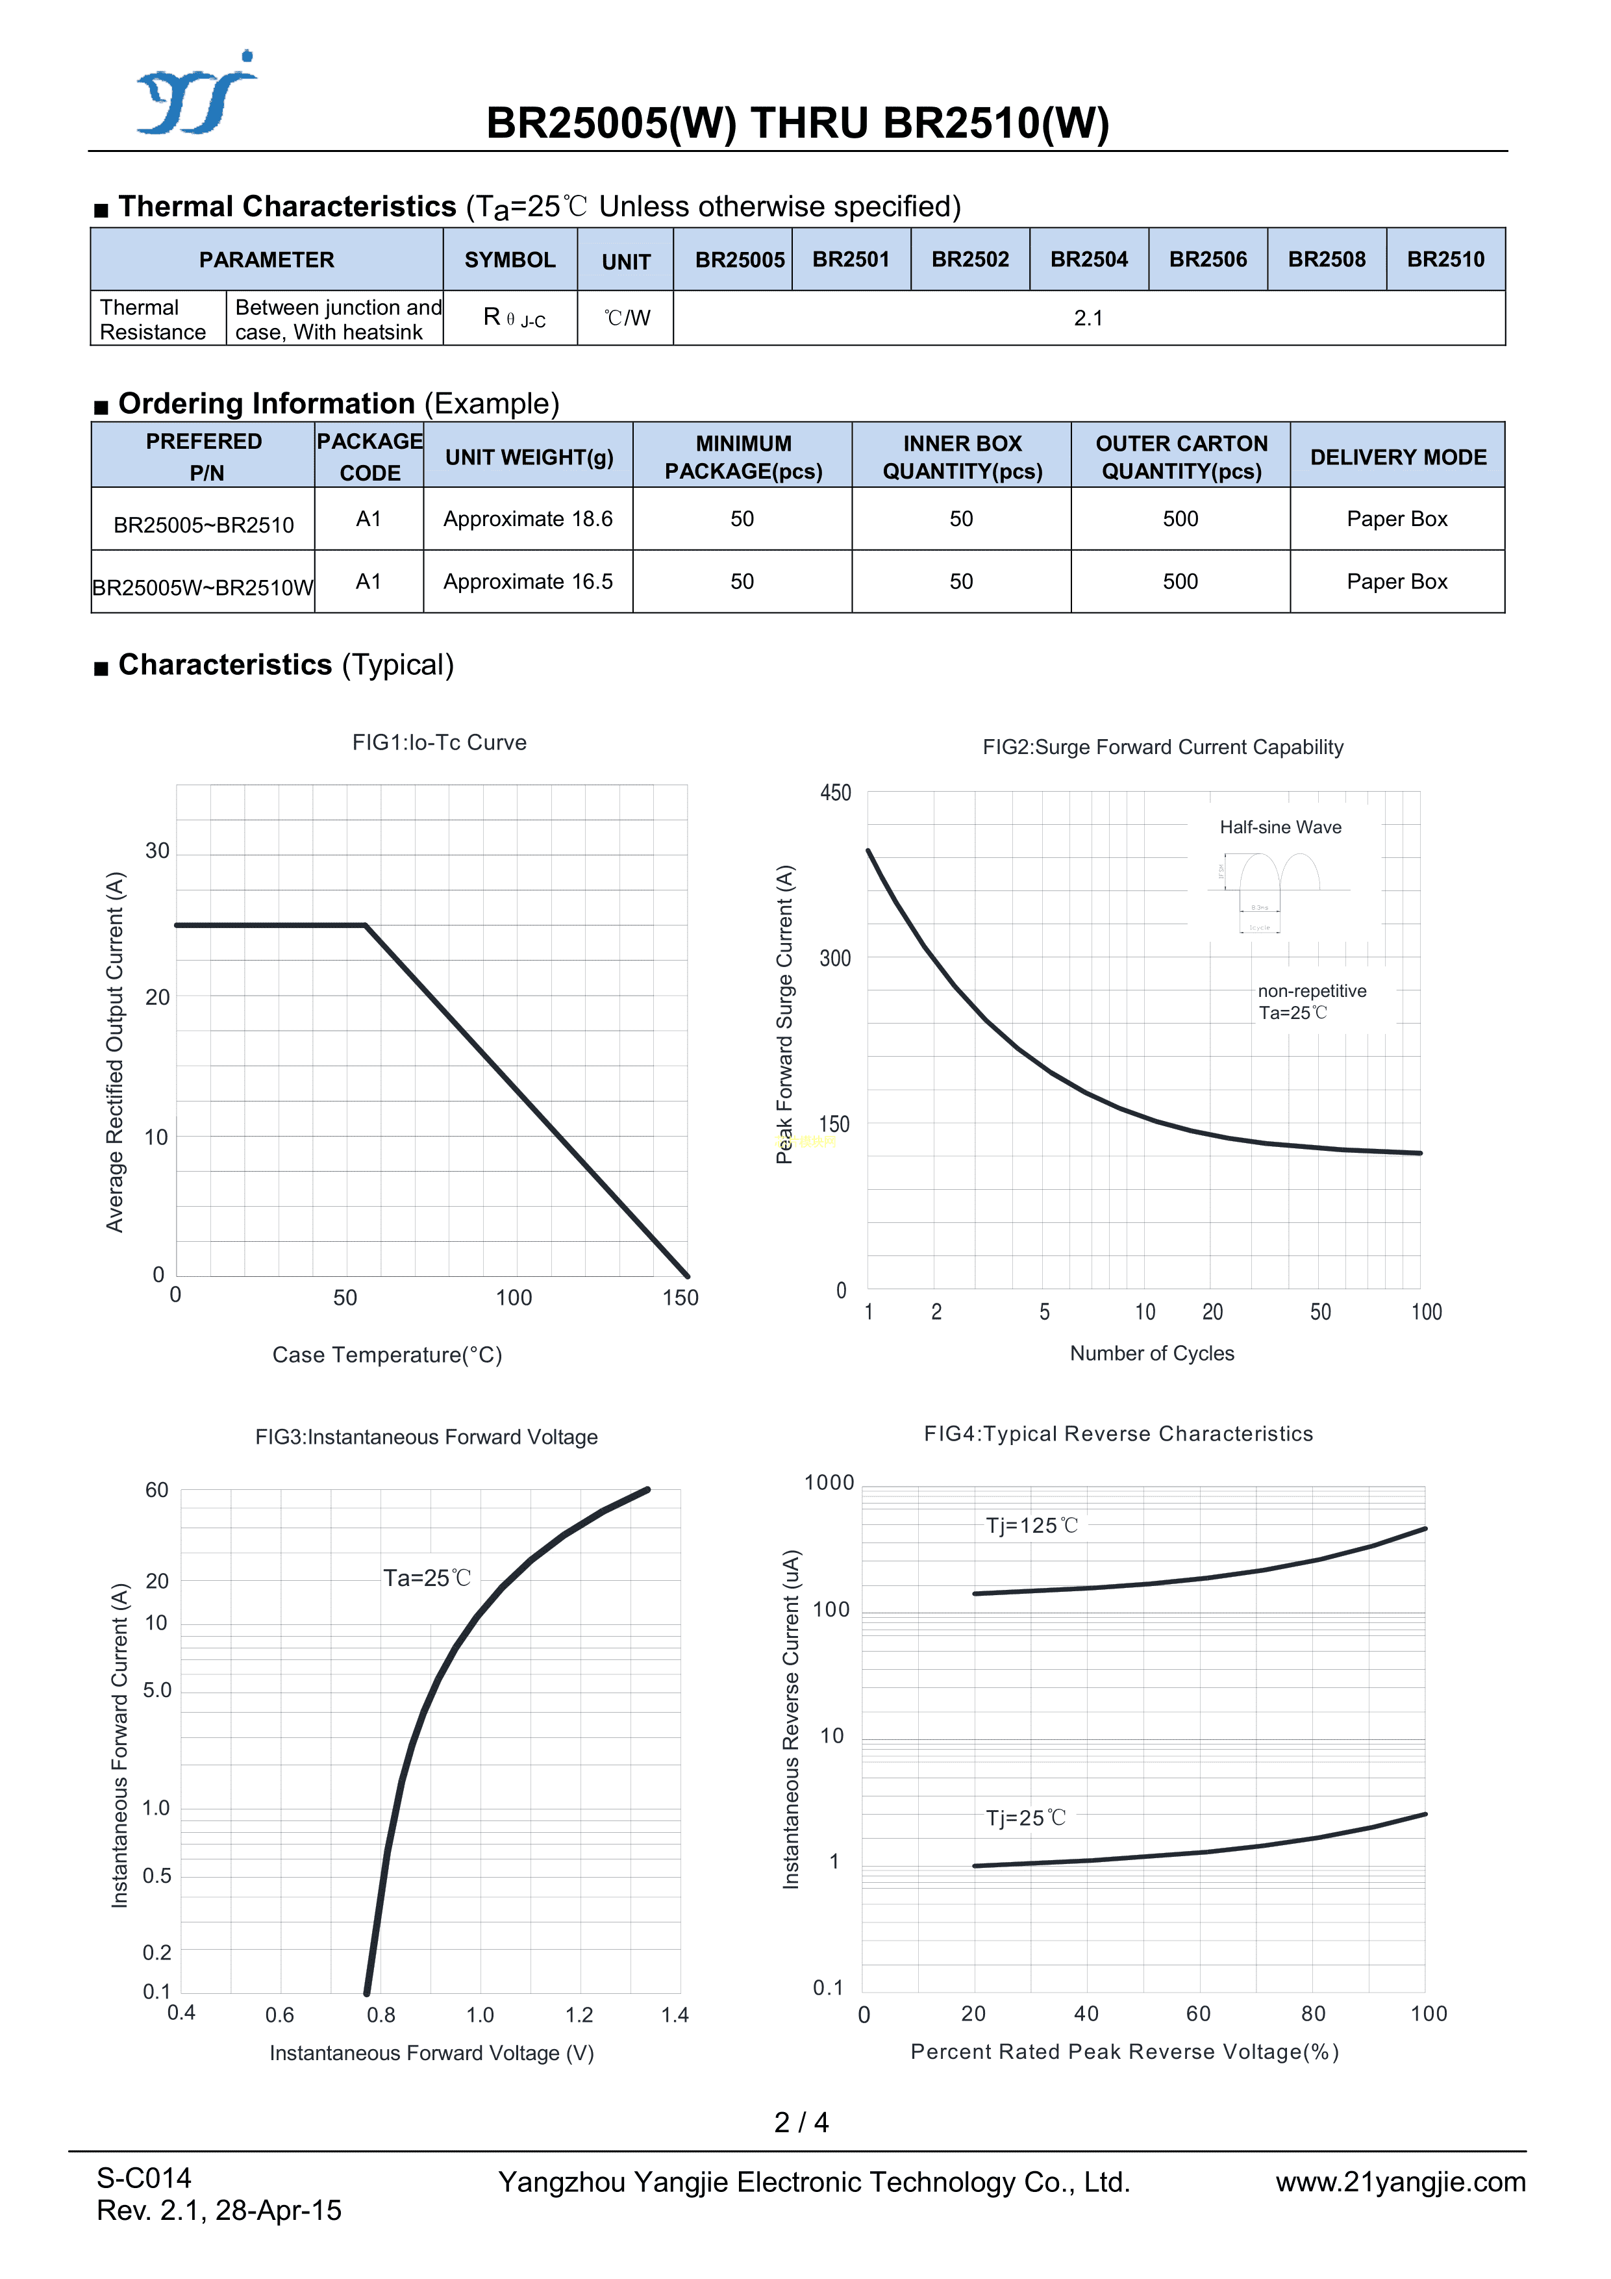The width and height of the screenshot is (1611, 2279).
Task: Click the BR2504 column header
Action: (x=1089, y=260)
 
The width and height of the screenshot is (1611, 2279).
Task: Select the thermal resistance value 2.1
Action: (x=1088, y=319)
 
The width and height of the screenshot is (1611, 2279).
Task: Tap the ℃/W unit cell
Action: (x=627, y=319)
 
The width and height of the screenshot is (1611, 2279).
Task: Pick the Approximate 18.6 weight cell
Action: (x=528, y=519)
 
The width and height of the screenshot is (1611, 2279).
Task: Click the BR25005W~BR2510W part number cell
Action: (x=203, y=588)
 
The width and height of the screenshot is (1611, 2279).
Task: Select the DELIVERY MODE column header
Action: (x=1397, y=458)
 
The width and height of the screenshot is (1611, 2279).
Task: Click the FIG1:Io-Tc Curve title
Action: (x=439, y=742)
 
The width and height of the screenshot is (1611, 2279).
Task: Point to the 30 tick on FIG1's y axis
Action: (x=157, y=851)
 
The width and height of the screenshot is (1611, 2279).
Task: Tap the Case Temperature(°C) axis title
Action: (x=387, y=1355)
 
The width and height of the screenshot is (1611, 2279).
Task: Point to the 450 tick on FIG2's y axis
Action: (x=835, y=793)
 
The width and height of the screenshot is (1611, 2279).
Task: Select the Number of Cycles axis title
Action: (x=1151, y=1354)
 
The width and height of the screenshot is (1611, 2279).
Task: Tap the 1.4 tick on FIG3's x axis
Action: (x=675, y=2015)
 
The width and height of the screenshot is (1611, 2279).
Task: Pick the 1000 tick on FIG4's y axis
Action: (x=829, y=1483)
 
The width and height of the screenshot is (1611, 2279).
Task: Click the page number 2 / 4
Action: (x=801, y=2122)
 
